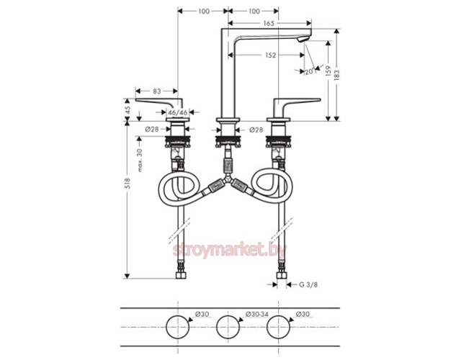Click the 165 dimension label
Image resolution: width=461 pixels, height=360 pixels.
[x=269, y=23]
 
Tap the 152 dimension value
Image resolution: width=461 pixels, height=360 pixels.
[x=271, y=55]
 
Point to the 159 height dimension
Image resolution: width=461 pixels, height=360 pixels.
[x=328, y=71]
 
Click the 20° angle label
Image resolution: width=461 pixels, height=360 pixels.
[x=309, y=72]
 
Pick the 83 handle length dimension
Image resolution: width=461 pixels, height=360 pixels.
[x=157, y=91]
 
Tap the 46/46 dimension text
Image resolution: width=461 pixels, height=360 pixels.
[x=177, y=112]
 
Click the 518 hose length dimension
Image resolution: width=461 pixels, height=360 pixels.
[x=127, y=184]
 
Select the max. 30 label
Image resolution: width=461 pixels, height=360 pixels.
[x=140, y=160]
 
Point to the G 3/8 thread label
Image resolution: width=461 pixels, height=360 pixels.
[x=308, y=285]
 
